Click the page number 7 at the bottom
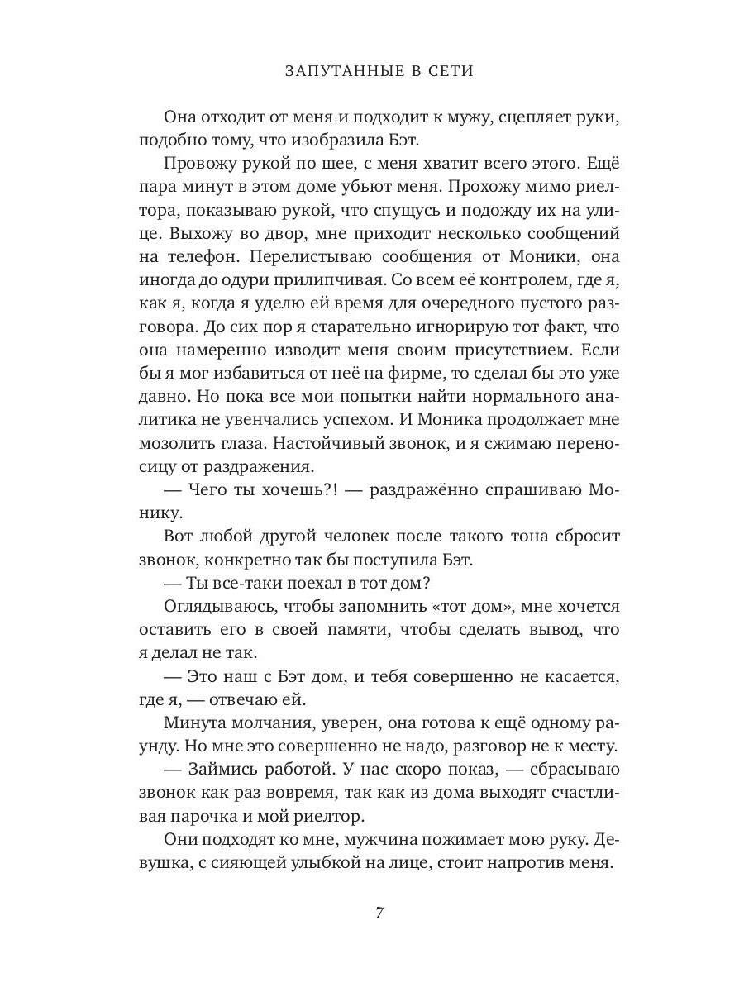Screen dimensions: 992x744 click(x=379, y=913)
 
